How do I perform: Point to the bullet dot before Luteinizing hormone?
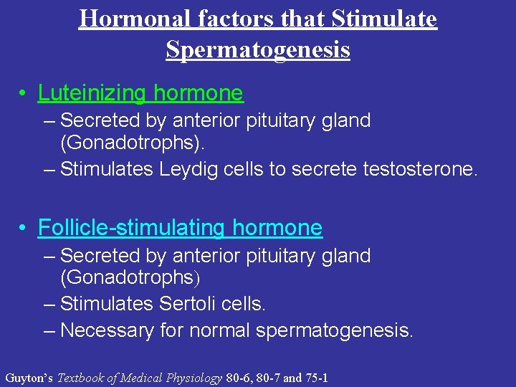click(24, 94)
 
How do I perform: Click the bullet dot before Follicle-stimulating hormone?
click(24, 229)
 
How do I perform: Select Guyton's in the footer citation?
click(29, 378)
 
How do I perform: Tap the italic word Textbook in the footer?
click(81, 378)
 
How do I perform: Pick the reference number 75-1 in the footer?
click(316, 378)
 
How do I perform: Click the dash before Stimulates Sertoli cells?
click(49, 304)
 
